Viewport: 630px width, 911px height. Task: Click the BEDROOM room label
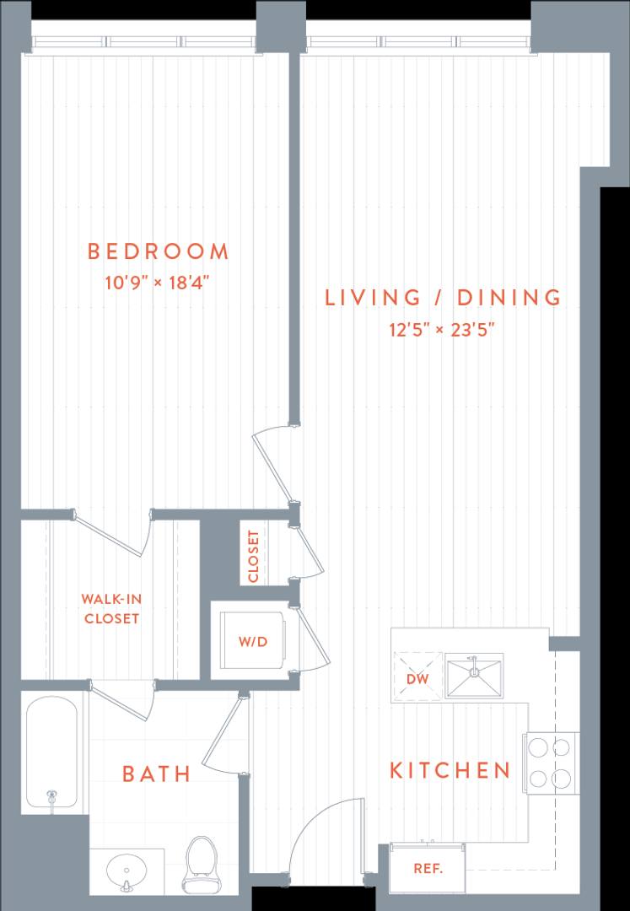[158, 251]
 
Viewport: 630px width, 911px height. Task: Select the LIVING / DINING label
[443, 297]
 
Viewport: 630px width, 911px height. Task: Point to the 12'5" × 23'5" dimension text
[442, 330]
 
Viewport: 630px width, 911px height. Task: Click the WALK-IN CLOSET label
[111, 608]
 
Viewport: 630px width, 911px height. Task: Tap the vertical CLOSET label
[252, 557]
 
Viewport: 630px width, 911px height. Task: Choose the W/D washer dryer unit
[254, 641]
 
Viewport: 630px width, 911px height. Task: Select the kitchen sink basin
[474, 676]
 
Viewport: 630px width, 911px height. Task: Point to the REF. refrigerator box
[428, 869]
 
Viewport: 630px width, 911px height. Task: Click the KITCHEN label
[450, 770]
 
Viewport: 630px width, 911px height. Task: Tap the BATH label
[157, 774]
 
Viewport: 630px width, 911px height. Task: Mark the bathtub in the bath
[51, 752]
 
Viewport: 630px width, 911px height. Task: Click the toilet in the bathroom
[202, 865]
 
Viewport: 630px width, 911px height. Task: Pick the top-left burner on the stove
[538, 747]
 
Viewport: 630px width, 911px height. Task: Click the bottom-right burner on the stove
[561, 778]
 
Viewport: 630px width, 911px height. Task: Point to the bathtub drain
[51, 794]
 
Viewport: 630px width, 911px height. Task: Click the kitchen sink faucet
[474, 666]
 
